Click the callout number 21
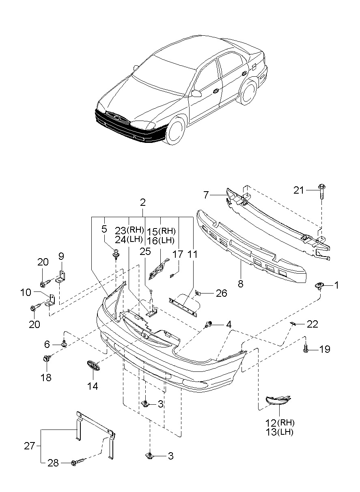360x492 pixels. click(298, 190)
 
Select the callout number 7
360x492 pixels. click(206, 195)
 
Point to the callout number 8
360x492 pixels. click(241, 284)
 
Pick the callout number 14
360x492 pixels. click(93, 386)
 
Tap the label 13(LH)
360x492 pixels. click(279, 432)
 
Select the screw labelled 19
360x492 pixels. click(305, 350)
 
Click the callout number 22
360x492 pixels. click(312, 324)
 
